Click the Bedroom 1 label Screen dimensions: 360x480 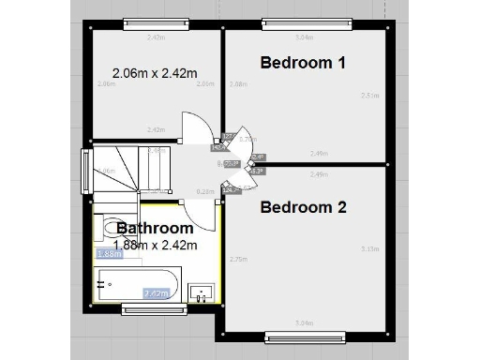click(303, 64)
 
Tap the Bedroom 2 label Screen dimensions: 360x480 click(304, 207)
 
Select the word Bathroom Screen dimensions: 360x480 click(155, 228)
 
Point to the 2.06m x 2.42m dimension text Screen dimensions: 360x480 click(154, 73)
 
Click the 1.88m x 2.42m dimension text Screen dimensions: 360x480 click(155, 246)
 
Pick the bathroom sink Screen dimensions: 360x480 click(201, 294)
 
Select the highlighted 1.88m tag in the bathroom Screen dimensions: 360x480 click(109, 253)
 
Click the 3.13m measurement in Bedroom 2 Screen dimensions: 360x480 click(368, 249)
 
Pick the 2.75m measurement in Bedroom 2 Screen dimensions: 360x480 click(237, 260)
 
